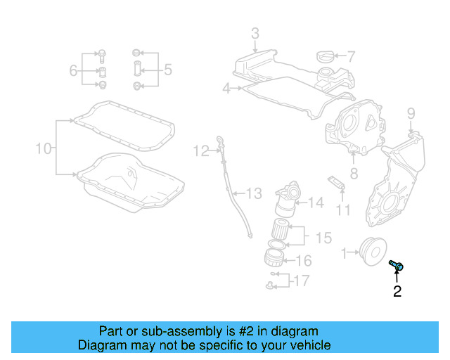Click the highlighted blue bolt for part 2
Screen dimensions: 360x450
(396, 265)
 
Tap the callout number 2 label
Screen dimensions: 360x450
(397, 291)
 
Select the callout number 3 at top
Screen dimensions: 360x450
(255, 33)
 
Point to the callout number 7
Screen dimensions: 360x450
(351, 56)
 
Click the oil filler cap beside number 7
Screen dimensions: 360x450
(326, 57)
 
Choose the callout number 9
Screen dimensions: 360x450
(411, 113)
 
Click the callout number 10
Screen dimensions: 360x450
(44, 148)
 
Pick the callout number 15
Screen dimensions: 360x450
(323, 238)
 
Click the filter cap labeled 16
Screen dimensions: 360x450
(274, 257)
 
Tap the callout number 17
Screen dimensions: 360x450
(300, 281)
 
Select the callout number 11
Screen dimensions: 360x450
(342, 210)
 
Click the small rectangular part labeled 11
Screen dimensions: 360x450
(337, 182)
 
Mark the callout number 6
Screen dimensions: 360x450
(73, 70)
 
